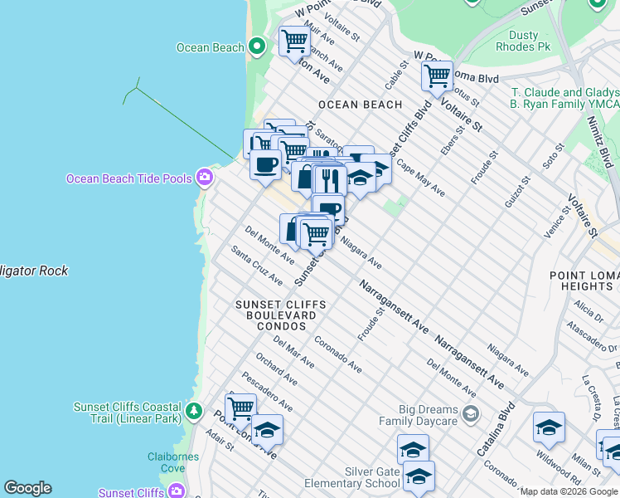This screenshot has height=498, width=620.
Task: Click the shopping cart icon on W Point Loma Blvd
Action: [x=436, y=76]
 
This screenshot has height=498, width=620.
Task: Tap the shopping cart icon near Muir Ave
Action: [x=294, y=41]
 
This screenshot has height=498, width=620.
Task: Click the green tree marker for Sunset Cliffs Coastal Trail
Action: [x=193, y=410]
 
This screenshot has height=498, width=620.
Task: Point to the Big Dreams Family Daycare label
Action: [x=417, y=415]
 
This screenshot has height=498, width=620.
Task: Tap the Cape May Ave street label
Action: [x=420, y=178]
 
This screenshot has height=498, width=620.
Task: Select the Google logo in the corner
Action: [x=27, y=488]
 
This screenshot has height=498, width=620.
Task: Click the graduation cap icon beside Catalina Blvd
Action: [x=548, y=427]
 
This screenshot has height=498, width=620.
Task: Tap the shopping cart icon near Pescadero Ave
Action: [x=240, y=408]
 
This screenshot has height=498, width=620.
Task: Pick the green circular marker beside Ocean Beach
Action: [x=257, y=46]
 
